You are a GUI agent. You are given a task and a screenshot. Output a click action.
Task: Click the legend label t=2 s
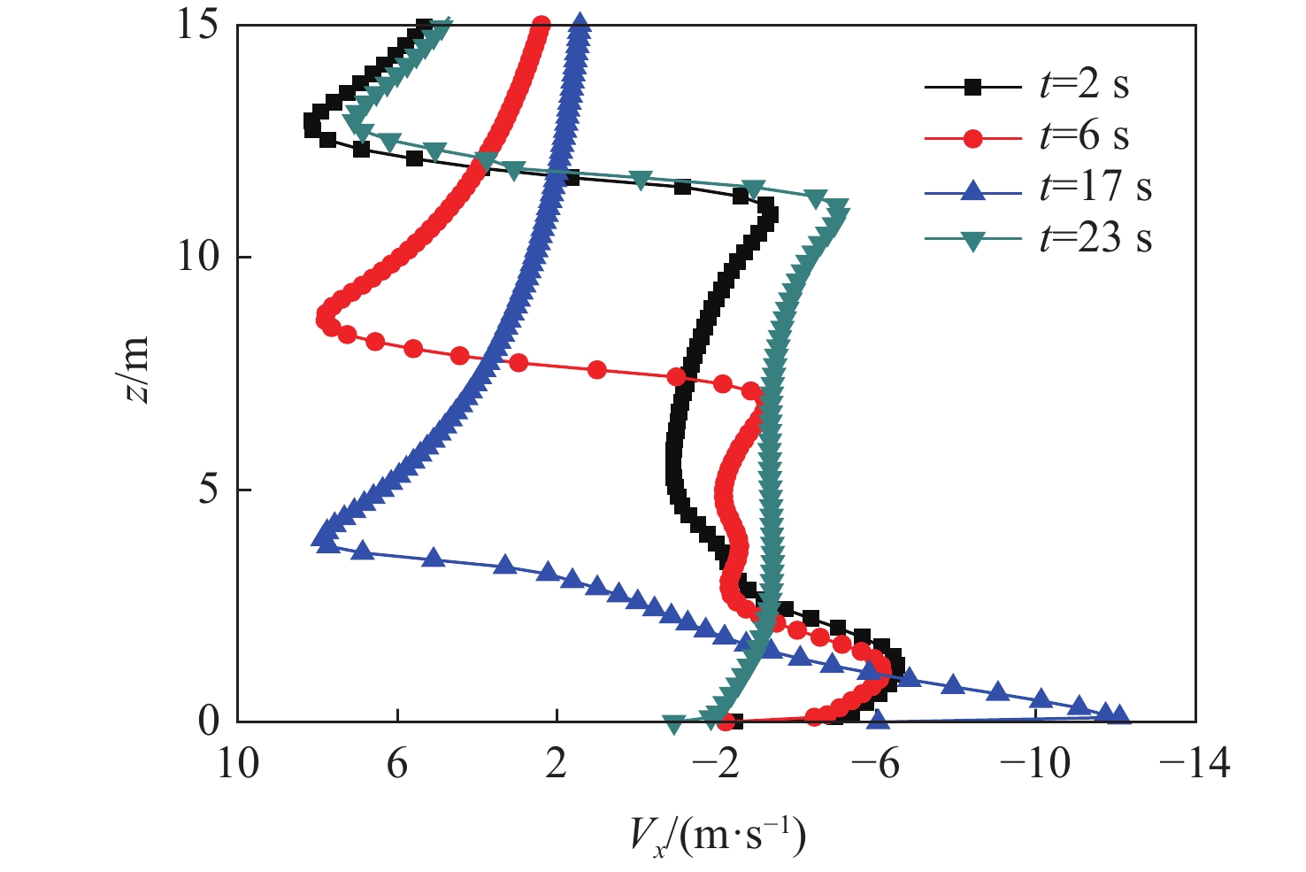(x=1084, y=86)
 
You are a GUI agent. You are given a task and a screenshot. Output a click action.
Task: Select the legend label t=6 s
(x=1084, y=137)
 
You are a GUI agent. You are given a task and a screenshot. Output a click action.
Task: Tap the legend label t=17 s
(x=1095, y=188)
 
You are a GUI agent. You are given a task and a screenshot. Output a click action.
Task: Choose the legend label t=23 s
(x=1095, y=239)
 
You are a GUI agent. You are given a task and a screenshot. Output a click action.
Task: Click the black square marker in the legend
(x=972, y=87)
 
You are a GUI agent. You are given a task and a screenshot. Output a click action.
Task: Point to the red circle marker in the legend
(x=972, y=138)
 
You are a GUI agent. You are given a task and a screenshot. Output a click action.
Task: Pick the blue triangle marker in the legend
(x=972, y=189)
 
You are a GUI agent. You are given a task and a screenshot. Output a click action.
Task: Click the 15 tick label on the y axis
(x=197, y=25)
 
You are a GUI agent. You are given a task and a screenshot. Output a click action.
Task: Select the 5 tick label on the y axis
(x=209, y=489)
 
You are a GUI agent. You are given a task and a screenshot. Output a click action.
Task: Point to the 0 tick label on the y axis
(x=209, y=722)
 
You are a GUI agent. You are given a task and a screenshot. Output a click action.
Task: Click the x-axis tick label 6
(x=397, y=762)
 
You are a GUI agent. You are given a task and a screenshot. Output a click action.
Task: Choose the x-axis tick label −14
(x=1194, y=762)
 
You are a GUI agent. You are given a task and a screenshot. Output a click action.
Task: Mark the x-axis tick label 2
(x=557, y=762)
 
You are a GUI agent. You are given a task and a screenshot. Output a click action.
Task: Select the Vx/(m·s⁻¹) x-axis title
(x=718, y=834)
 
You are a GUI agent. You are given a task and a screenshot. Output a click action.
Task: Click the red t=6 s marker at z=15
(x=542, y=25)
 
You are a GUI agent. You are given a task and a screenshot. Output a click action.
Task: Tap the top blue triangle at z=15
(x=580, y=23)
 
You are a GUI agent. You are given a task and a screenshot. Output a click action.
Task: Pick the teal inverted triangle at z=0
(x=673, y=724)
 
